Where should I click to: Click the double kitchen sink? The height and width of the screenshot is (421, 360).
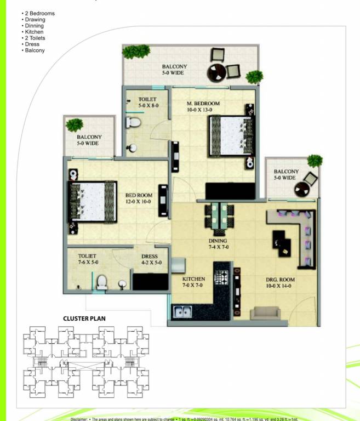tap(181, 313)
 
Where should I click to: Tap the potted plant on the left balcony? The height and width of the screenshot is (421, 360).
tap(74, 125)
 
